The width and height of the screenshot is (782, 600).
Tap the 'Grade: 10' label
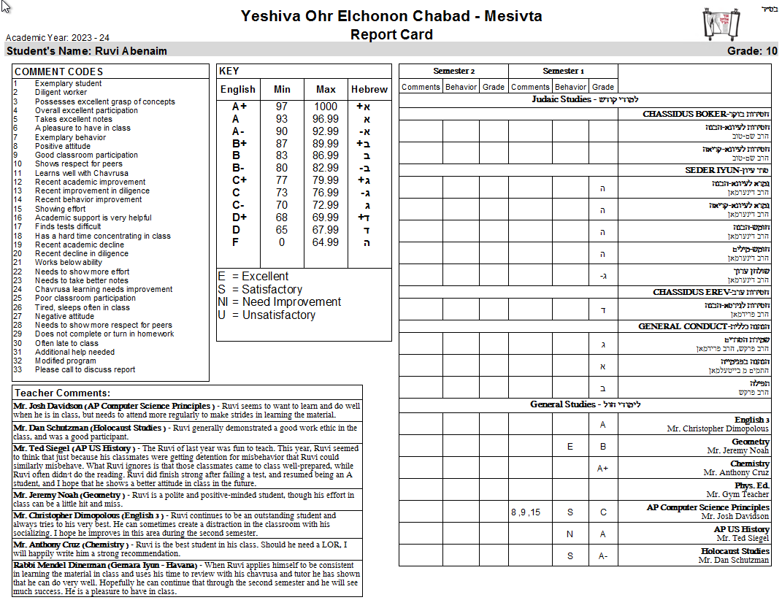tap(752, 51)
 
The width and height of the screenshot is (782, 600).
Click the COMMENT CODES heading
tap(58, 72)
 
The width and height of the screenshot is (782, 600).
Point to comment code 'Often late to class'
tap(66, 343)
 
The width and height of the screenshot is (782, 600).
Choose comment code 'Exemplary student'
tap(68, 84)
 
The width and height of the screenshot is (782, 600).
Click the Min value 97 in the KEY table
tap(282, 107)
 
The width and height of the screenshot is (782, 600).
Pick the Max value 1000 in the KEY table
tap(326, 107)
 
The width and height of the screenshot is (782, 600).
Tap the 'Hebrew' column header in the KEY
tap(369, 89)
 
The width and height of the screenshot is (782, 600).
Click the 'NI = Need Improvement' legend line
tap(279, 302)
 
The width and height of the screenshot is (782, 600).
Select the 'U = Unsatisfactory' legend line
tap(267, 315)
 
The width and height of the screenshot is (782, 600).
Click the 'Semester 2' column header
tap(453, 71)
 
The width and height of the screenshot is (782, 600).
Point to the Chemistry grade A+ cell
tap(602, 468)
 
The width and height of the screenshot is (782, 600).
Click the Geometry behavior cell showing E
tap(570, 446)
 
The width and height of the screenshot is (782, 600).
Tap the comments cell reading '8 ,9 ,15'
tap(526, 512)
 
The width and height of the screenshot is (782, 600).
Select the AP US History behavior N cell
tap(570, 534)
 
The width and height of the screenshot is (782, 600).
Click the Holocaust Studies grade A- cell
tap(602, 555)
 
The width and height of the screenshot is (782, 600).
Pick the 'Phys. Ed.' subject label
tap(751, 485)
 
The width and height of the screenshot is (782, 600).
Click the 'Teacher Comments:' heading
tap(62, 393)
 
